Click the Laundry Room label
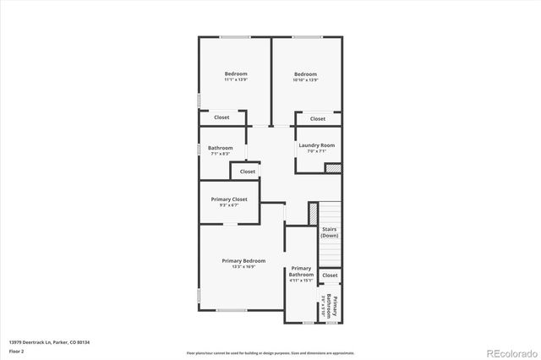pyautogui.click(x=316, y=145)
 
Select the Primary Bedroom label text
pyautogui.click(x=243, y=260)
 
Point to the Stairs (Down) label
pyautogui.click(x=330, y=232)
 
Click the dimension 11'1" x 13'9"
pyautogui.click(x=236, y=80)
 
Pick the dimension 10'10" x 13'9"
pyautogui.click(x=305, y=80)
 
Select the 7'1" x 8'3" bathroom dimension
pyautogui.click(x=221, y=155)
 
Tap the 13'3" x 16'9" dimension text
pyautogui.click(x=243, y=266)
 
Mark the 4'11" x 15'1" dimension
pyautogui.click(x=301, y=281)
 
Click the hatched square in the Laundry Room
pyautogui.click(x=333, y=168)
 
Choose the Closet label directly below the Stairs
pyautogui.click(x=330, y=275)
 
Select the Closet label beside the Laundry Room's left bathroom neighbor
pyautogui.click(x=247, y=172)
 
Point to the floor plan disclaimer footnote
pyautogui.click(x=270, y=352)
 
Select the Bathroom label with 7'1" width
pyautogui.click(x=221, y=148)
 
